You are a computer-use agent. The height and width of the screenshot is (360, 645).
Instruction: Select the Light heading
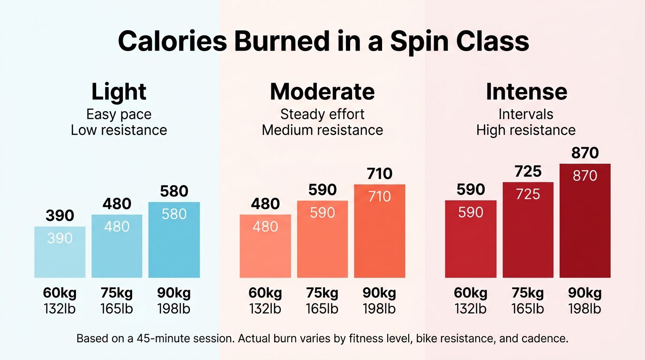tap(119, 92)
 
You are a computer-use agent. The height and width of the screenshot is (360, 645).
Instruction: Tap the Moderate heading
tap(322, 92)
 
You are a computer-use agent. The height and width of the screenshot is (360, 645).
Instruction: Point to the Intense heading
tap(526, 92)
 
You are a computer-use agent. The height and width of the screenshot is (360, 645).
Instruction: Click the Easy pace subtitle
tap(119, 114)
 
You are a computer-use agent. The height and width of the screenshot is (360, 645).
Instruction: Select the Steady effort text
tap(322, 114)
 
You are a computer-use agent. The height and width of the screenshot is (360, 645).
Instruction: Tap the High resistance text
tap(526, 130)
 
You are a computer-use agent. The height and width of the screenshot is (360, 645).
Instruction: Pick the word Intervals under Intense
tap(526, 114)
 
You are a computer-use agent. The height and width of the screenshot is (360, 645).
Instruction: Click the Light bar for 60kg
tap(60, 253)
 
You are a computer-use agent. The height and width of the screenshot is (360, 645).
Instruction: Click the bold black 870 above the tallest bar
tap(585, 153)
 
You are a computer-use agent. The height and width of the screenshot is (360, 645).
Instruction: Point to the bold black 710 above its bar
tap(379, 174)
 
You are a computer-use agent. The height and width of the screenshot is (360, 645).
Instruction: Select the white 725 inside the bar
tap(528, 194)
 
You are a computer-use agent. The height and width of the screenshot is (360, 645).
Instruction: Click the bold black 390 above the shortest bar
tap(60, 216)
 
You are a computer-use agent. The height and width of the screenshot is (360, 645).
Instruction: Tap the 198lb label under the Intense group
tap(585, 309)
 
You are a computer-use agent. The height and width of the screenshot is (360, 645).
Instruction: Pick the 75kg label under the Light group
tap(117, 293)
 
